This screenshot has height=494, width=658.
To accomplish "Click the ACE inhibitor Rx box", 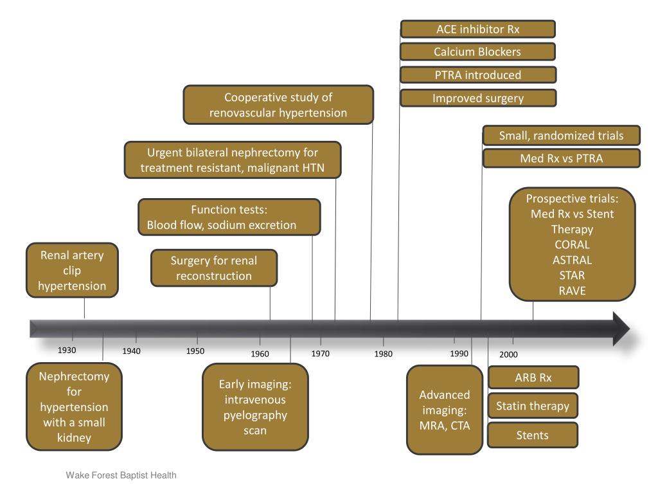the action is (478, 29).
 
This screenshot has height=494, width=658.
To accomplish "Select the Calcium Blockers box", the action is (478, 52).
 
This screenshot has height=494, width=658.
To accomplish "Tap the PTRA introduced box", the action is (478, 75).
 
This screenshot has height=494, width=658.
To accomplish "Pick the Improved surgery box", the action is (478, 98).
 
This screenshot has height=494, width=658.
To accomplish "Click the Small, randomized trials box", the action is (561, 136).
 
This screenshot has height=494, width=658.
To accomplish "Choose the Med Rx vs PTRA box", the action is (561, 158).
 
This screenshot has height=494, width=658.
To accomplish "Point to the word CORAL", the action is (572, 244).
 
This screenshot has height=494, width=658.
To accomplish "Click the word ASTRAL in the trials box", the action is (572, 260).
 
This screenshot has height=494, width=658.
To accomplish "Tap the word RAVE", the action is (572, 291).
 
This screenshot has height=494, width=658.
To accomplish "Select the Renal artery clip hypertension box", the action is (72, 270).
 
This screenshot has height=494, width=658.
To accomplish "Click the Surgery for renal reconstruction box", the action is (214, 268).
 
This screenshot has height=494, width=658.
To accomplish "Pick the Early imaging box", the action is (255, 407).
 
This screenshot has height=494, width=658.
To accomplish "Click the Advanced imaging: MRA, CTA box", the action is (445, 410).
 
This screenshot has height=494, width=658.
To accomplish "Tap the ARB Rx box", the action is (533, 378).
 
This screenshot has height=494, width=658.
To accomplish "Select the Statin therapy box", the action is (533, 406).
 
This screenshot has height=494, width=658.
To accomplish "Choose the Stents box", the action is (533, 435).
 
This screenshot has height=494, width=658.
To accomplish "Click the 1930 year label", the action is (67, 351).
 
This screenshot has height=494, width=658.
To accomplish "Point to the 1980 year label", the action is (384, 354).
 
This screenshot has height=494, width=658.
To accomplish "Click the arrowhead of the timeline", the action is (621, 329).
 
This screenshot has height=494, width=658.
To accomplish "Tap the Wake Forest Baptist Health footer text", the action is (121, 475).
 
